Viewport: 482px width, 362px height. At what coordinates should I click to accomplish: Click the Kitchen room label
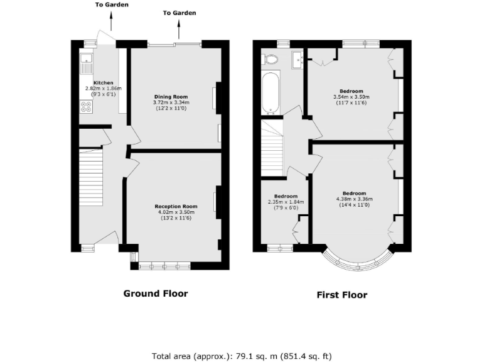(x=103, y=83)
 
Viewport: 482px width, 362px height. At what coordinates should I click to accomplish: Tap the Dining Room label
(x=171, y=97)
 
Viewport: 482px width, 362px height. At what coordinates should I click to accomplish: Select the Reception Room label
(x=176, y=206)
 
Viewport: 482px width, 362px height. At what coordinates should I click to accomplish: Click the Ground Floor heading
(x=155, y=293)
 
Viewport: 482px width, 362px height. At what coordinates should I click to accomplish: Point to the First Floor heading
(x=341, y=295)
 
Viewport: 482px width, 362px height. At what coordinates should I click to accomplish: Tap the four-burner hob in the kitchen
(x=86, y=107)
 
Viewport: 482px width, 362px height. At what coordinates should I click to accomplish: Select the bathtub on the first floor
(x=270, y=94)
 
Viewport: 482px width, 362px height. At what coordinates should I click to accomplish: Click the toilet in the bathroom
(x=271, y=60)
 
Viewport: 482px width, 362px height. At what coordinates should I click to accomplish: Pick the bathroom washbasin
(x=297, y=60)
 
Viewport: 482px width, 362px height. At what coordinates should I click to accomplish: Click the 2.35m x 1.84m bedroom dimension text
(x=286, y=202)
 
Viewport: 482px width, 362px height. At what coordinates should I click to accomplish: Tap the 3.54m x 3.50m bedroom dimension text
(x=351, y=97)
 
